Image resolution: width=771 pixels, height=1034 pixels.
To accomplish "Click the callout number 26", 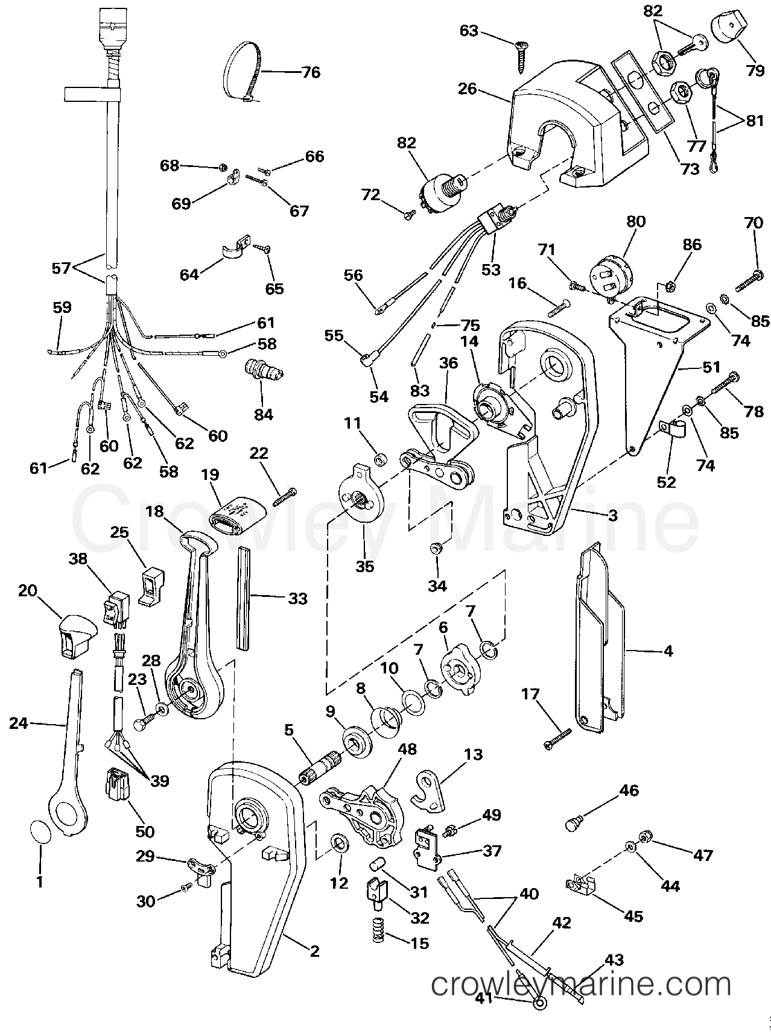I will point(468,89).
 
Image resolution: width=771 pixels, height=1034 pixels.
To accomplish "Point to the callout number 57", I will point(61,268).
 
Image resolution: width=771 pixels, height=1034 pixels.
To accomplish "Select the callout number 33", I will point(297,598).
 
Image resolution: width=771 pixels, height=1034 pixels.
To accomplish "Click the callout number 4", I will point(668,651).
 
